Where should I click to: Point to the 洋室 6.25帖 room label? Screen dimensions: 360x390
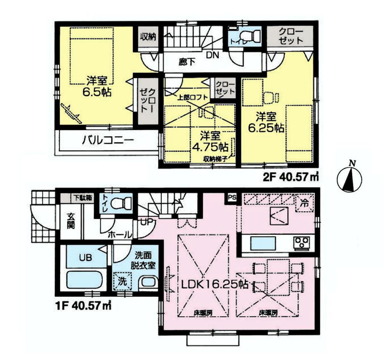pyautogui.click(x=266, y=122)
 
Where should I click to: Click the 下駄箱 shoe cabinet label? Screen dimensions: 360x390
pyautogui.click(x=83, y=198)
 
